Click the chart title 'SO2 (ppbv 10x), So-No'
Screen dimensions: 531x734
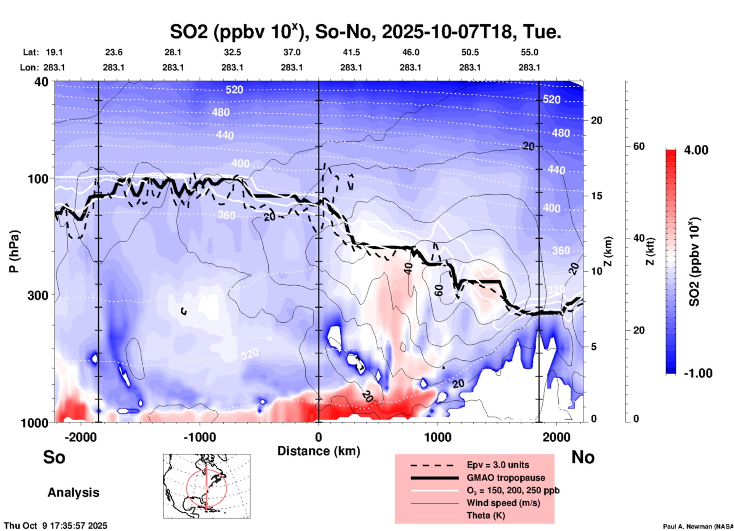(365, 32)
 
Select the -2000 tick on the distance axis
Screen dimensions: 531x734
(80, 437)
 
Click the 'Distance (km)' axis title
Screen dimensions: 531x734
(319, 451)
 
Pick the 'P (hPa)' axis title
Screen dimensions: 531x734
(14, 251)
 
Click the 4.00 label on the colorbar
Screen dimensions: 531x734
(696, 150)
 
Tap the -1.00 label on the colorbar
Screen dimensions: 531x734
(697, 373)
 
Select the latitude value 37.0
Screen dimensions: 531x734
(292, 52)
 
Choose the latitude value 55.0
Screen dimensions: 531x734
(529, 52)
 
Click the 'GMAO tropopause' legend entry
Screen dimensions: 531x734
(506, 478)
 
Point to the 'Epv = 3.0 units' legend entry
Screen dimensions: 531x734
(498, 465)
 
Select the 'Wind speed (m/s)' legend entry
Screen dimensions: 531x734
(503, 503)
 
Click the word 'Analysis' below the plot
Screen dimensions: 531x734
(73, 493)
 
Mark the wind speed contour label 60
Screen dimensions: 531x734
(439, 290)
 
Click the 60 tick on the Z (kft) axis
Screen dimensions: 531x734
(639, 146)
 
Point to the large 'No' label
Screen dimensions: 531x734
(583, 457)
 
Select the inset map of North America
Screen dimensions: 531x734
(207, 486)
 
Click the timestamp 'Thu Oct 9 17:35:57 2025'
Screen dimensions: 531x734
(56, 526)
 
